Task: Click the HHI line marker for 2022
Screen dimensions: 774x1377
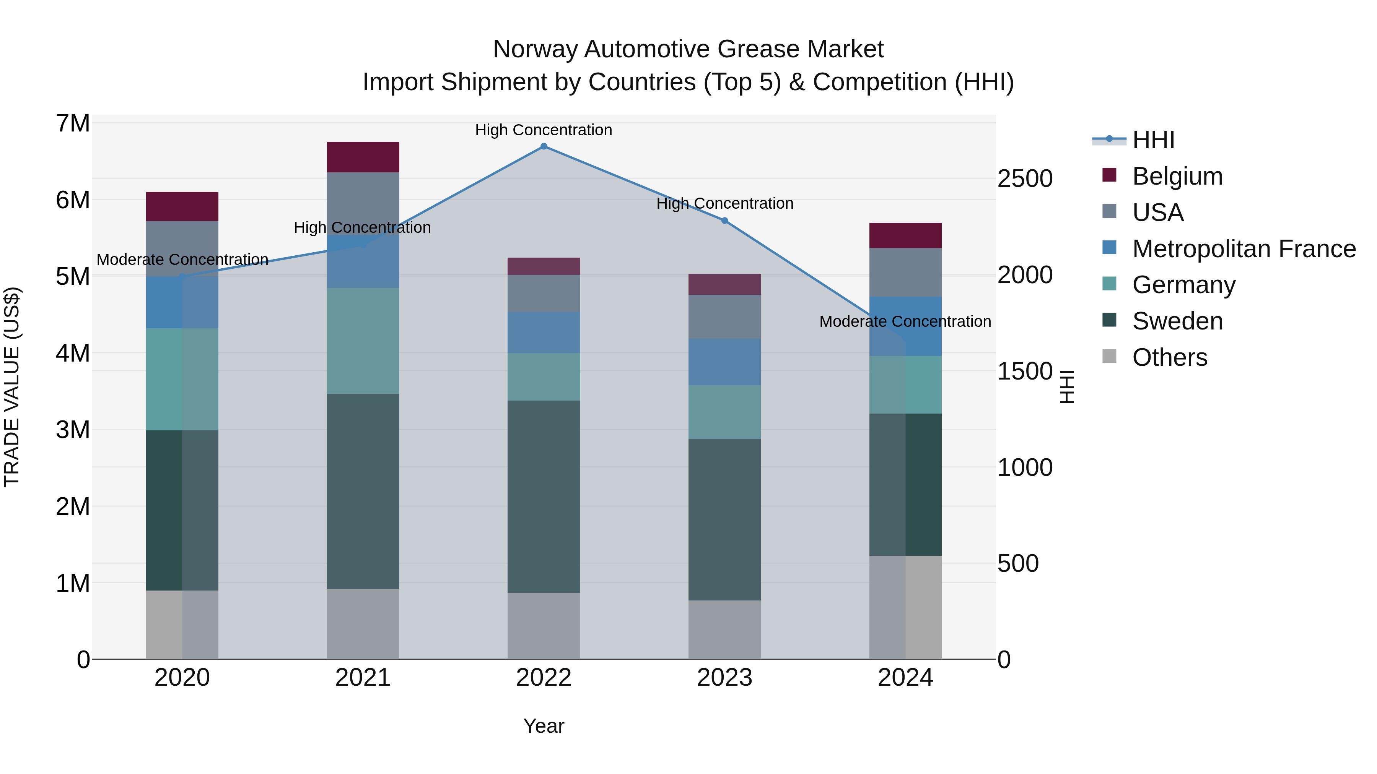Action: [544, 146]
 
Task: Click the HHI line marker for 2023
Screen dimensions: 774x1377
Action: [724, 221]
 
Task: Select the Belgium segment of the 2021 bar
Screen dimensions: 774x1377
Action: [363, 157]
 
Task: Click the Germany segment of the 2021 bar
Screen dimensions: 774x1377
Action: [363, 341]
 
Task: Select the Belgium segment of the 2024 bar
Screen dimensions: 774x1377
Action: [905, 235]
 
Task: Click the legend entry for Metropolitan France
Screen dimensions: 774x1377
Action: [1244, 249]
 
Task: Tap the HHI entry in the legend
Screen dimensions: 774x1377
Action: [1153, 140]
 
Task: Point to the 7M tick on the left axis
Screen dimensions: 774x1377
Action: [73, 123]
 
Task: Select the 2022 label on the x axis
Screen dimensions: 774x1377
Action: [544, 678]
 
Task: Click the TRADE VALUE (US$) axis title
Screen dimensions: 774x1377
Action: [12, 387]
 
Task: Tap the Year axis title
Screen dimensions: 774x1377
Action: [544, 726]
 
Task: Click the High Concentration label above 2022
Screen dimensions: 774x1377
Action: [544, 130]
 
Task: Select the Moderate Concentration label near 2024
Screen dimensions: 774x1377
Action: [905, 321]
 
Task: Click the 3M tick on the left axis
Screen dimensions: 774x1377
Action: [73, 430]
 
